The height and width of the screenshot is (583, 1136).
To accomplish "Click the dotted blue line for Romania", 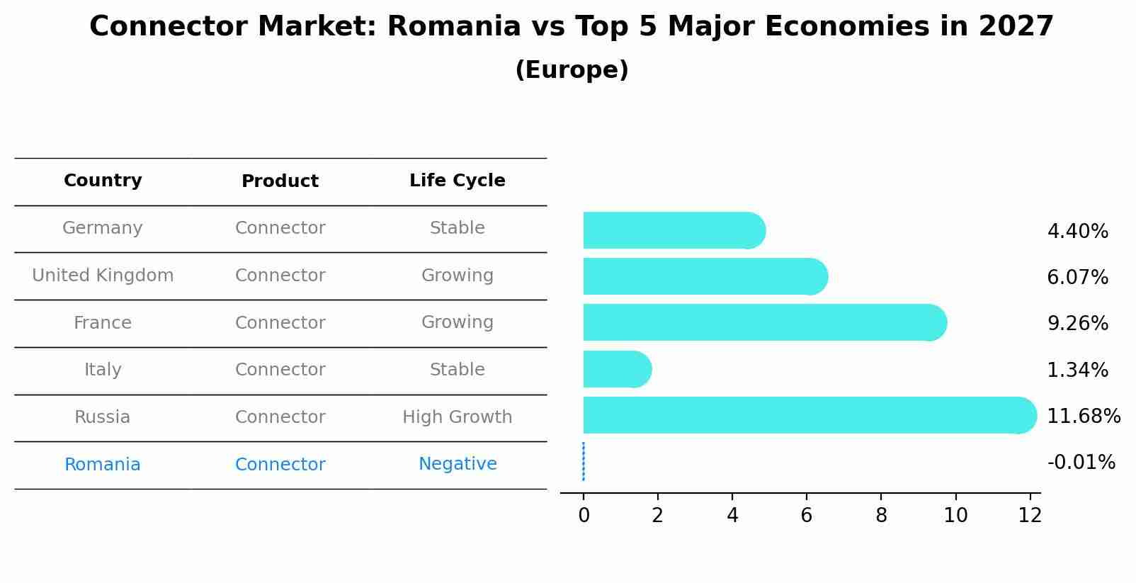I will point(584,461).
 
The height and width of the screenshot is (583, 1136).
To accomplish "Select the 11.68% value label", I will point(1083,416).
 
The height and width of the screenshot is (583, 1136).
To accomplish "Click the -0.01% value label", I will point(1081,463).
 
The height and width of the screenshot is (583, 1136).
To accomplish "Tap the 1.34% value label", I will point(1077,370).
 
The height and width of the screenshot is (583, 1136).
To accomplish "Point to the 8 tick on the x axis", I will point(881,515).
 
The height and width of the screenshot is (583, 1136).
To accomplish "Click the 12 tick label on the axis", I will point(1030,515).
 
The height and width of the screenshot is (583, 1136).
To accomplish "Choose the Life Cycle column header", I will point(457,181).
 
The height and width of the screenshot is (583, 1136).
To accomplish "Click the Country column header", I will point(103,181).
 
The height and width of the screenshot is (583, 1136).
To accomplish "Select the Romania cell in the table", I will point(103,465).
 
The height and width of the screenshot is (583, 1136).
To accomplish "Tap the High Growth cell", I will point(457,417).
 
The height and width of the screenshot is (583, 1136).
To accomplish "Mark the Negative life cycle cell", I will point(457,464).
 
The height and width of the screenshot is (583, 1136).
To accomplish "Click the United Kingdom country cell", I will point(103,276).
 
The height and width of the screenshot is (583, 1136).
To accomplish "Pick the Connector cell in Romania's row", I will point(280,465).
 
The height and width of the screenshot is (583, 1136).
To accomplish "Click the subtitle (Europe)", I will point(572,70).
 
